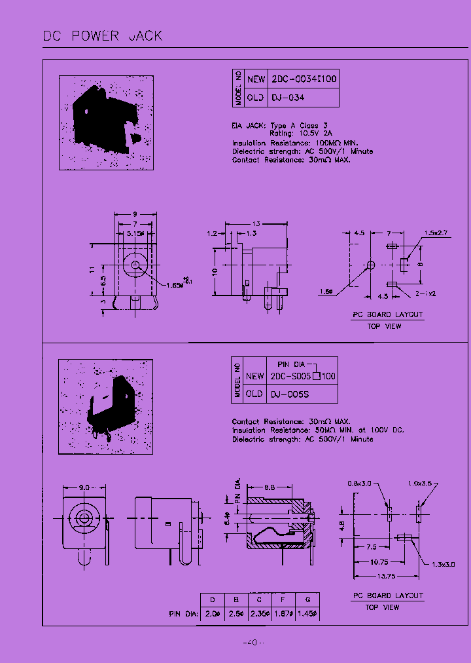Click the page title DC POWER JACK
[x=103, y=35]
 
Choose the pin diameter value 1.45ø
[x=307, y=614]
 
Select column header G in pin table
[x=307, y=599]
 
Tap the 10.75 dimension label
[x=379, y=561]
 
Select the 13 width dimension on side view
[x=256, y=222]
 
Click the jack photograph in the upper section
[x=106, y=123]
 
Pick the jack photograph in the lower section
[x=106, y=406]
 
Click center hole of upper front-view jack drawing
[x=134, y=265]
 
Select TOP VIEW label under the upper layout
[x=384, y=326]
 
